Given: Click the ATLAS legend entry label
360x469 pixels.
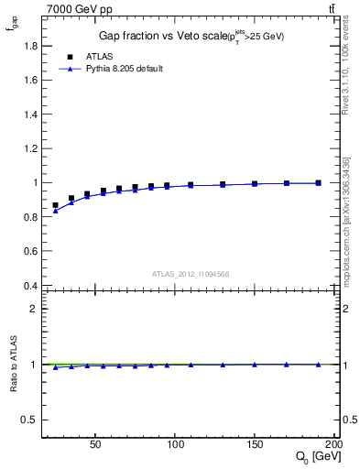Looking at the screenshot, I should click(x=98, y=56).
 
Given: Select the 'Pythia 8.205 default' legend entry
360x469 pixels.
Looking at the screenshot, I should click(x=124, y=69).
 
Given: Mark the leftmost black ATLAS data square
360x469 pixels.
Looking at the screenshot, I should click(x=56, y=205).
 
